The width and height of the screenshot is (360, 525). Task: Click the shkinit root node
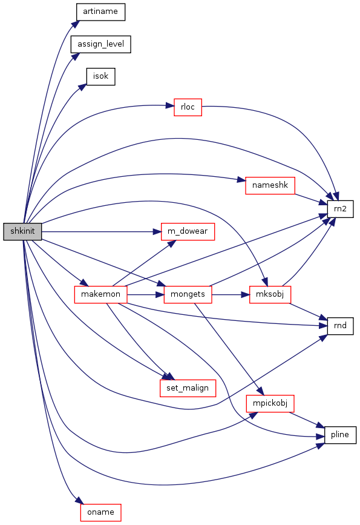tap(22, 231)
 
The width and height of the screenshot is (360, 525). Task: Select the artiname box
tap(100, 12)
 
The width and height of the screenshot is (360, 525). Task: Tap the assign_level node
tap(100, 44)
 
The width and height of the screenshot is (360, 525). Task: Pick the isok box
tap(100, 77)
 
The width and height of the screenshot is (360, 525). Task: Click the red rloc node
tap(188, 107)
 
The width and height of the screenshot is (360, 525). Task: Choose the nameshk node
tap(270, 185)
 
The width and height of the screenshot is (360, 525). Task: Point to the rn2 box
tap(340, 210)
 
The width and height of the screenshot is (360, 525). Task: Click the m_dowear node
tap(188, 231)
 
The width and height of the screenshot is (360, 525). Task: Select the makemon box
tap(100, 295)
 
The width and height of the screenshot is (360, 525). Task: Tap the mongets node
tap(188, 295)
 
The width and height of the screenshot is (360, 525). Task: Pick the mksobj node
tap(270, 295)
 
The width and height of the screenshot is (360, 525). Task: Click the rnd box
tap(340, 326)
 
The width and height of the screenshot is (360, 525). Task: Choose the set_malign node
tap(188, 388)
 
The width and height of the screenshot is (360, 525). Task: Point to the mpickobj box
tap(270, 403)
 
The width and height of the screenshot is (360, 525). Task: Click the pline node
tap(340, 435)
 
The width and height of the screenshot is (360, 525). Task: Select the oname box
tap(100, 513)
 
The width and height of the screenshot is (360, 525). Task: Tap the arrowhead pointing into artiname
tap(76, 24)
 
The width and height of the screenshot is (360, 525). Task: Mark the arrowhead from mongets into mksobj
tap(246, 295)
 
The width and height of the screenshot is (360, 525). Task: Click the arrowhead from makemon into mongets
tap(160, 295)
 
